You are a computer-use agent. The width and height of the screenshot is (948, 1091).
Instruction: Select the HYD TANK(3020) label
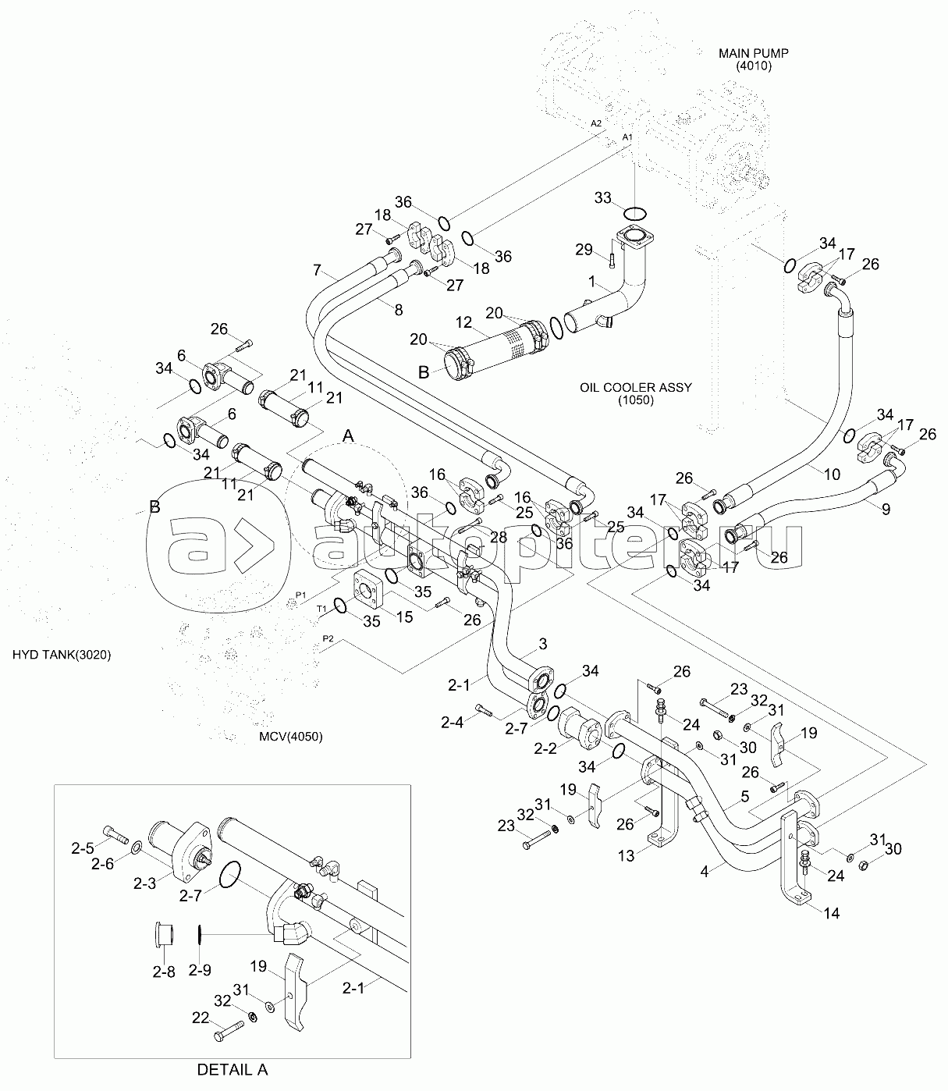coord(62,655)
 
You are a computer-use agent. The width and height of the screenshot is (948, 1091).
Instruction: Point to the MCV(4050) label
coord(291,736)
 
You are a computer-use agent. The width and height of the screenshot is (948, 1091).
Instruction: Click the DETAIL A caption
coord(232,1069)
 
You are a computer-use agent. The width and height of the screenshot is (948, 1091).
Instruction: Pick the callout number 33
coord(602,198)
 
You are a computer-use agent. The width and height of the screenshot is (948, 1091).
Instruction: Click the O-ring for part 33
coord(636,212)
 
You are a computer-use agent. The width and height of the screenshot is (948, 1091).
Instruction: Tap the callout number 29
coord(584,250)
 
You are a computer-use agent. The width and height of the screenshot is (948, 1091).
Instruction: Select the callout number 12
coord(464,322)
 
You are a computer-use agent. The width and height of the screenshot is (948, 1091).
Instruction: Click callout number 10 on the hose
coord(832,472)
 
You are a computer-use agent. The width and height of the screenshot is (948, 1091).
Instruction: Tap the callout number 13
coord(626,856)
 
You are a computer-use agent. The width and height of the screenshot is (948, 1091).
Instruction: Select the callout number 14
coord(832,913)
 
